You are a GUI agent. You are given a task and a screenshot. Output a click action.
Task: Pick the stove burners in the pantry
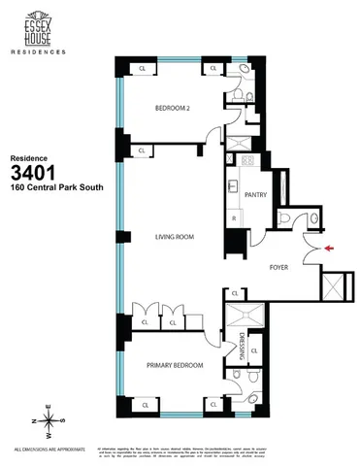click(246, 160)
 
